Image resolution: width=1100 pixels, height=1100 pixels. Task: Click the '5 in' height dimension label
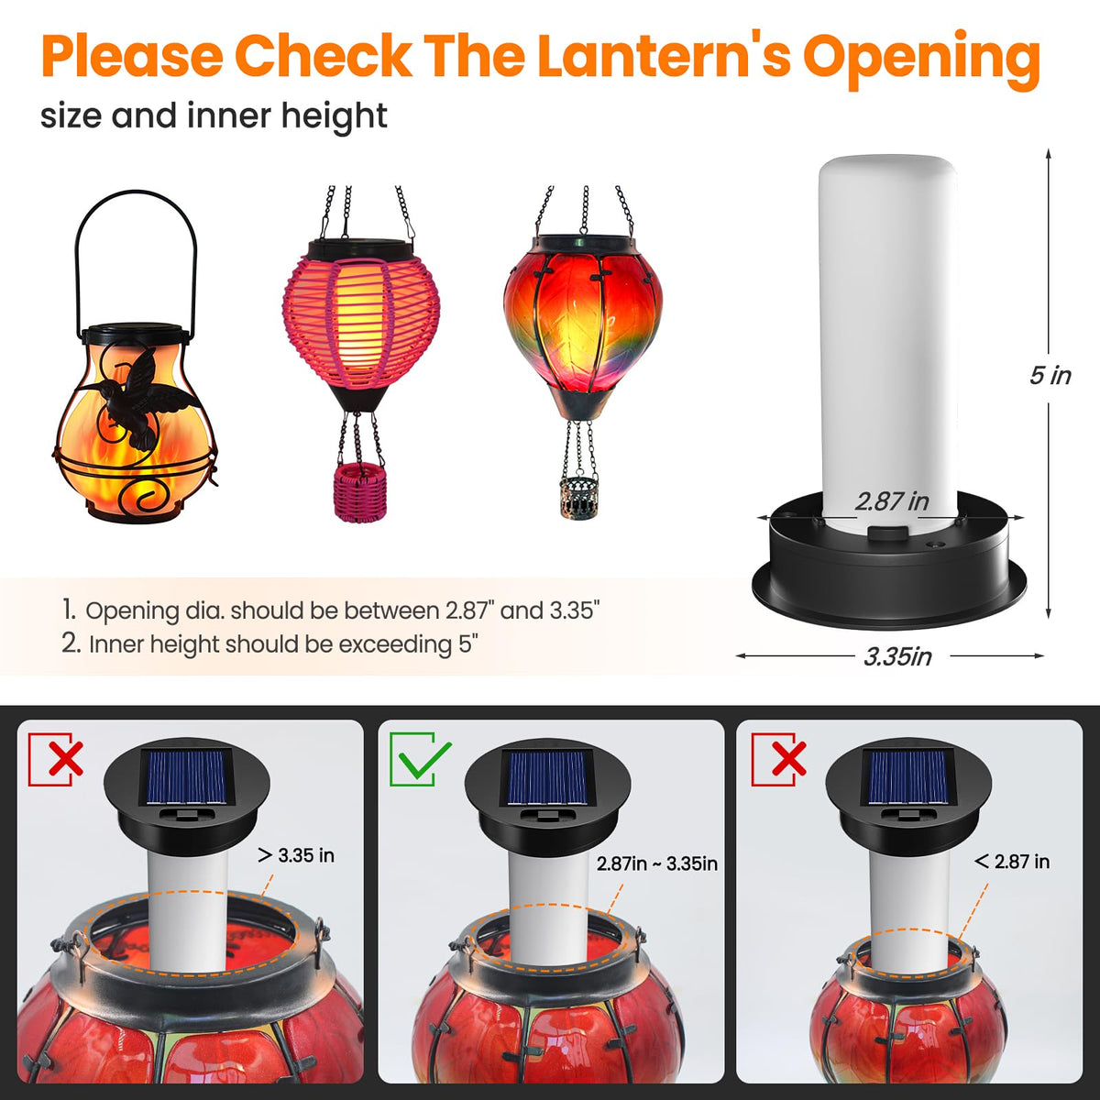click(x=1050, y=376)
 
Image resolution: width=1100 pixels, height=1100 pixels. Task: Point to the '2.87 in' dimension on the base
click(x=892, y=501)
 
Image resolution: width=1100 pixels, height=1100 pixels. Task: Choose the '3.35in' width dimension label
click(x=897, y=656)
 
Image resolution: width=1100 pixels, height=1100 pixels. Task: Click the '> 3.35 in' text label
click(x=296, y=855)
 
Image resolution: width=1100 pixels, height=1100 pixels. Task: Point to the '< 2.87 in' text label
click(x=1012, y=862)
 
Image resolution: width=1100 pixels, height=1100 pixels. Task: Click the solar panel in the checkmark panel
click(x=546, y=777)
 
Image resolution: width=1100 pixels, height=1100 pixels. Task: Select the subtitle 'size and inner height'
click(x=214, y=116)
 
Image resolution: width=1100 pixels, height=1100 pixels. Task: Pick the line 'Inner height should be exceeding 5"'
click(x=269, y=644)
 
